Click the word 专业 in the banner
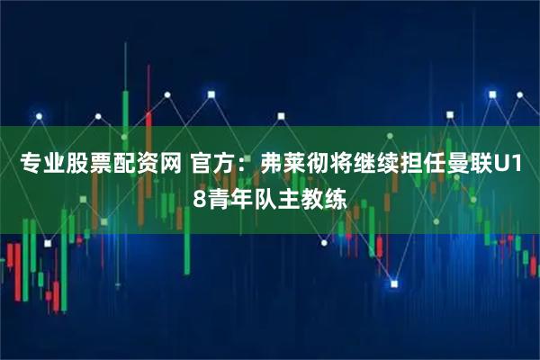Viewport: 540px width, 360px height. pyautogui.click(x=37, y=164)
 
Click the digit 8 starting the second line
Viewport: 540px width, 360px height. pyautogui.click(x=199, y=195)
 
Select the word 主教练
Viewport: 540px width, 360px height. pyautogui.click(x=315, y=195)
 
